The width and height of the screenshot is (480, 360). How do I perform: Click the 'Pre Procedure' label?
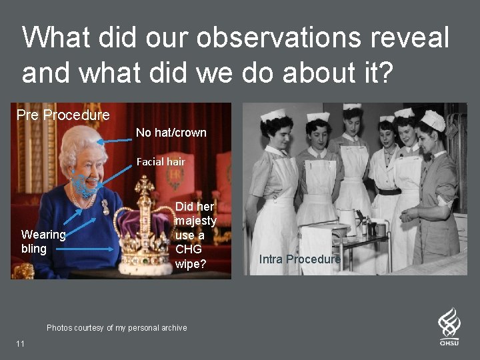63,115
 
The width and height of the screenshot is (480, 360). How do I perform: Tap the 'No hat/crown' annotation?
171,133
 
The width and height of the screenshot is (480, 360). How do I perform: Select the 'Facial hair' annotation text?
161,161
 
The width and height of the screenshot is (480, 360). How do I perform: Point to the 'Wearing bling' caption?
43,241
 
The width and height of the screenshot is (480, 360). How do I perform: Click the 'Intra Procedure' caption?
300,259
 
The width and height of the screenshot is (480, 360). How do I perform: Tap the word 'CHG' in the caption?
187,249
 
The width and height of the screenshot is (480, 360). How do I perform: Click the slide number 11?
20,343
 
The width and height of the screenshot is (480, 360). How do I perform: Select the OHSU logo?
449,326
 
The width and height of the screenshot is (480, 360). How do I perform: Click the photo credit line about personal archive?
117,327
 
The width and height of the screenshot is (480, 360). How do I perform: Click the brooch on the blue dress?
105,207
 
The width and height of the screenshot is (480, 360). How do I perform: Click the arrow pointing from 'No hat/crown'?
114,140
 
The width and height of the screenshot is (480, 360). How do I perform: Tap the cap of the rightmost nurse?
434,120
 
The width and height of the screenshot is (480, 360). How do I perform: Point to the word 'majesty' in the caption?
195,221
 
